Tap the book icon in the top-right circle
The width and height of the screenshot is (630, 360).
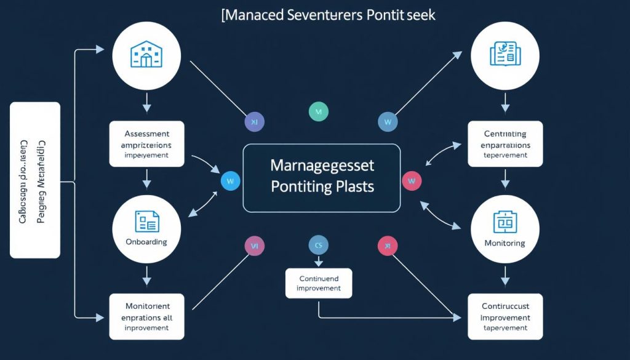coord(504,54)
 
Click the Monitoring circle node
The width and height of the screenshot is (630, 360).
coord(504,231)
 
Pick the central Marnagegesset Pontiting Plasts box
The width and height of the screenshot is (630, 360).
coord(322,178)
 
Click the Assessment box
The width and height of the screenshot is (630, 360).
coord(146,144)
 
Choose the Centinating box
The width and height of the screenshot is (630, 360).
coord(504,144)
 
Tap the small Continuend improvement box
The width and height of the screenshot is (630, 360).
coord(319,283)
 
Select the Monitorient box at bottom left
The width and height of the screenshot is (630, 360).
coord(146,316)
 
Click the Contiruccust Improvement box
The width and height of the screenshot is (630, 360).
coord(504,316)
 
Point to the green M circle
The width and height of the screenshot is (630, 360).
coord(318,111)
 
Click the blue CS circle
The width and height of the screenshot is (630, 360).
coord(318,246)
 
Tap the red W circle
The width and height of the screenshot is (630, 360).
coord(412,181)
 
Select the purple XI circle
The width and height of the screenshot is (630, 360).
coord(254,122)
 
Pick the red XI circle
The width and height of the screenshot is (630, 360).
coord(387,246)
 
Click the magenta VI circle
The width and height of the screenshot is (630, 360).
coord(254,246)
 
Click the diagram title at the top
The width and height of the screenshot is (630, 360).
coord(328,15)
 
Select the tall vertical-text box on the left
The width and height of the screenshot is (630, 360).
coord(35,180)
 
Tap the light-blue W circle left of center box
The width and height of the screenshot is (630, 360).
coord(230,181)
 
